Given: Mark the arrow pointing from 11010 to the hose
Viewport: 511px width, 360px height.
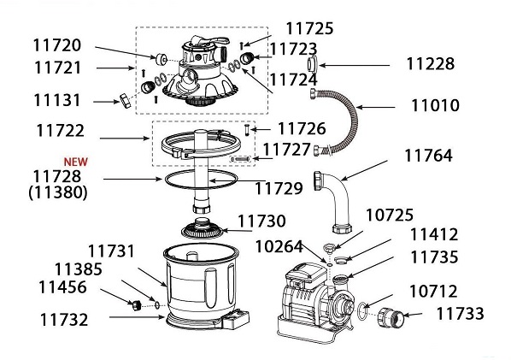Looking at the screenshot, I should tap(376, 107).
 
